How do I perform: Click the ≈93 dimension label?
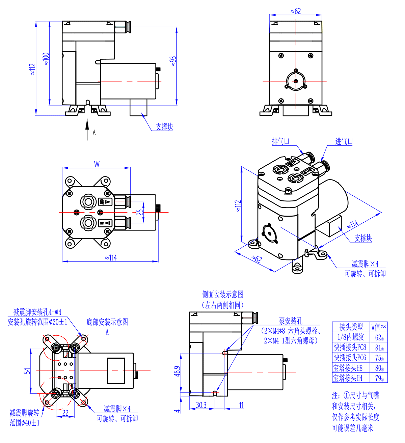(173, 61)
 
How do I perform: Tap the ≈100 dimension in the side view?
(46, 58)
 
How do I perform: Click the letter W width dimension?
(97, 164)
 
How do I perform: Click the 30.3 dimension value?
(201, 405)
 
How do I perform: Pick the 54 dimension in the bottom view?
(27, 370)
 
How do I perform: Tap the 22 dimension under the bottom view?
(65, 413)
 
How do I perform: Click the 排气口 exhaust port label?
(280, 141)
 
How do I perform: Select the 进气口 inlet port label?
(344, 141)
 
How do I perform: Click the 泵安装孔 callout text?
(290, 321)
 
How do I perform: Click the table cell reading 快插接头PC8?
(350, 347)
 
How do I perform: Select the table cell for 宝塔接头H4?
(348, 378)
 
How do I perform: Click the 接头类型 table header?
(351, 327)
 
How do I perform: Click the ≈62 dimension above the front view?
(296, 11)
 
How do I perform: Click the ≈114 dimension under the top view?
(111, 258)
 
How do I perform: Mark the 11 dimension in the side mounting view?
(241, 405)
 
